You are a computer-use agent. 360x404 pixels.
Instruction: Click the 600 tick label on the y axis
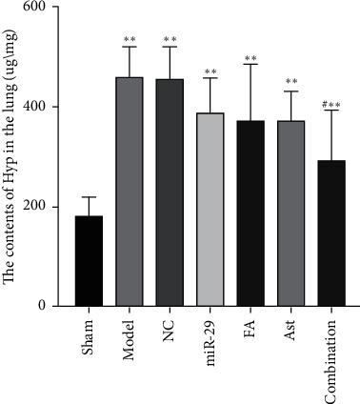tap(41, 8)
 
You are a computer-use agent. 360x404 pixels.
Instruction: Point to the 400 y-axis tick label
tap(41, 107)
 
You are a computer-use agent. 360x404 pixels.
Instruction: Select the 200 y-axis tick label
tap(41, 207)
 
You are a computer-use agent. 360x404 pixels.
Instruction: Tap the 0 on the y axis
tap(49, 306)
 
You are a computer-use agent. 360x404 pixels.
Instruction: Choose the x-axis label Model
tap(130, 336)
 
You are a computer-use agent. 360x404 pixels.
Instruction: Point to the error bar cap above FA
tap(251, 64)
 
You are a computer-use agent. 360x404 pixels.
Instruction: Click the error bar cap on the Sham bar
tap(90, 197)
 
